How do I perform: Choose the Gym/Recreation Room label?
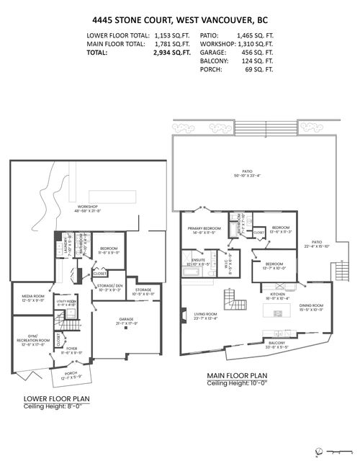(30, 339)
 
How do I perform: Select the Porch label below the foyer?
(70, 373)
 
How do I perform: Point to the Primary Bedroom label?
(202, 230)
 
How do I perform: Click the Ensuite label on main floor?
(197, 261)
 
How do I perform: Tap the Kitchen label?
(277, 294)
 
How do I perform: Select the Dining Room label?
(312, 305)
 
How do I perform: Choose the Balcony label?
(277, 342)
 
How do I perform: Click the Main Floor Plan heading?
(238, 375)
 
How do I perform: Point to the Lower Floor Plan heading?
(56, 398)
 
